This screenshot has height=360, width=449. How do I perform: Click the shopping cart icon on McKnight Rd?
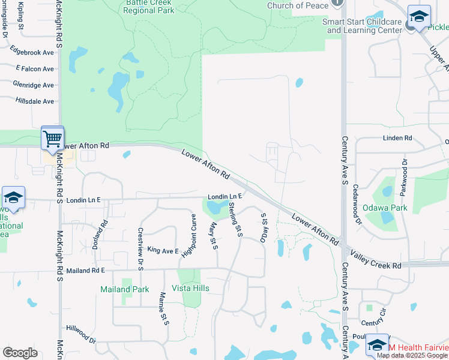[x=52, y=139]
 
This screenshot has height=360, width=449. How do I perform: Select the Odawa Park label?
[x=385, y=208]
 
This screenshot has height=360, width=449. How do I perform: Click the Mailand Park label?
[x=124, y=289]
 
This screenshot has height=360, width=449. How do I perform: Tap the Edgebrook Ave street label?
[x=31, y=53]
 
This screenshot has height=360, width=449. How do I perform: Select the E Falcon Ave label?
[x=35, y=69]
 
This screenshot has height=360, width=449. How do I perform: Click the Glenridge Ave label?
[x=33, y=85]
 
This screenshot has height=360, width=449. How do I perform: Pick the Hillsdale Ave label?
[x=35, y=101]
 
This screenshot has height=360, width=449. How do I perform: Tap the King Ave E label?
[x=163, y=250]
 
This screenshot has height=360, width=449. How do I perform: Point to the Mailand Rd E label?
[x=85, y=271]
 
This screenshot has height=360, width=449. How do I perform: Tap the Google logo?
[x=20, y=353]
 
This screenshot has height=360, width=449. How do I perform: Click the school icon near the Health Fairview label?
[x=377, y=345]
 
